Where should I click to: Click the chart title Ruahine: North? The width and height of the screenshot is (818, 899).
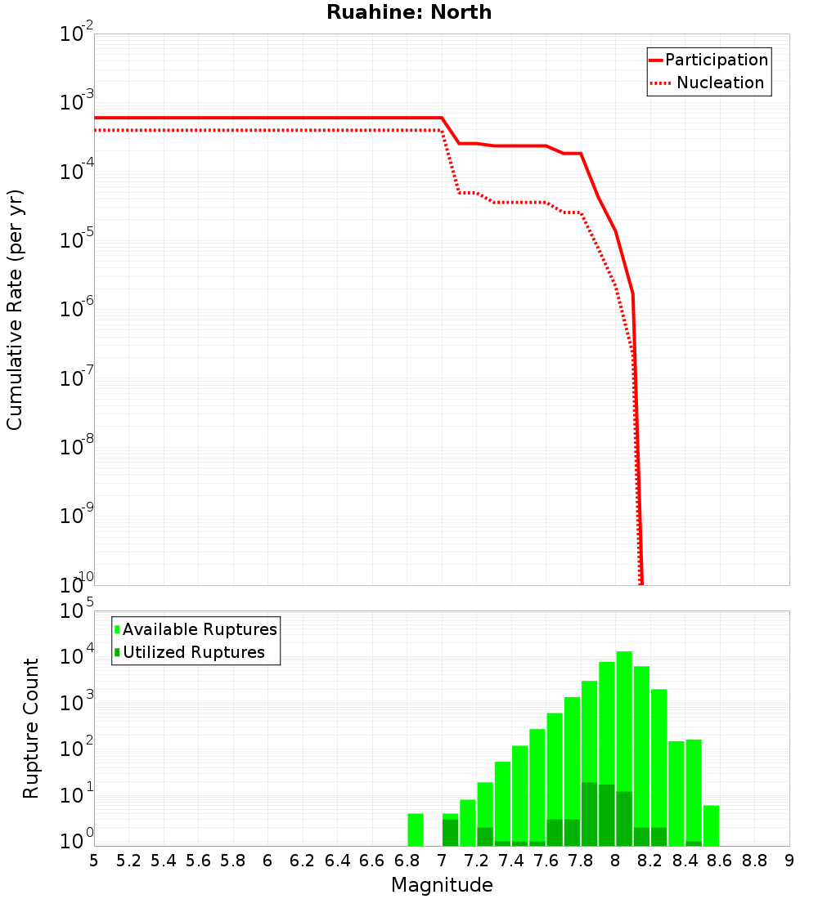coord(409,12)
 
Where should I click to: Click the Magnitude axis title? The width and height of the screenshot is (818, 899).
coord(442,885)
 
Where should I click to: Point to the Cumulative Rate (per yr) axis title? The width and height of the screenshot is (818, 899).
coord(15,310)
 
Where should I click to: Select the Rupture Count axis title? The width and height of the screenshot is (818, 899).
coord(31,728)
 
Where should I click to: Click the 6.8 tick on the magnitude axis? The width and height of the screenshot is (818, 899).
coord(407,861)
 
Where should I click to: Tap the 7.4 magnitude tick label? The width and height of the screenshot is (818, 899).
coord(511,861)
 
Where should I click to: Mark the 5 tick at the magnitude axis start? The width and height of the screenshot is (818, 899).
coord(94,861)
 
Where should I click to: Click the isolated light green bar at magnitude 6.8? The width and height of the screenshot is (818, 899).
coord(416,830)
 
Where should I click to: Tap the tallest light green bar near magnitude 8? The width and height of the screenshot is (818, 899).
coord(624,736)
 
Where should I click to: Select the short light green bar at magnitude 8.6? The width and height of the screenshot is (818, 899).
coord(711,825)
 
